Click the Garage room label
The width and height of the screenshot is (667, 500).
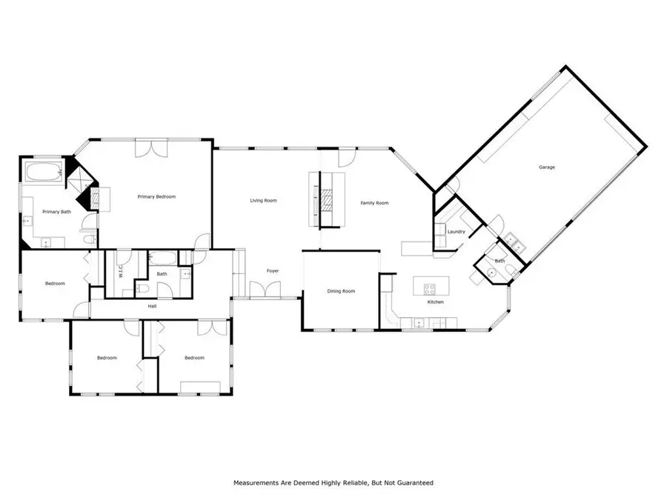[x=547, y=167]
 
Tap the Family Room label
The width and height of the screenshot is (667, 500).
[x=374, y=203]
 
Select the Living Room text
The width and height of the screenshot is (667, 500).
[x=263, y=201]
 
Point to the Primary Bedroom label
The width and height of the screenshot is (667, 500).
[x=156, y=197]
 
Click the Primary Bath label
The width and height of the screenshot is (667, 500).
[x=56, y=212]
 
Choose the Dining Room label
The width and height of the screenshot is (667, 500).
[x=341, y=291]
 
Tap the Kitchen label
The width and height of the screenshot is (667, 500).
[x=435, y=302]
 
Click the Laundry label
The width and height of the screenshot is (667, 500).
[x=456, y=232]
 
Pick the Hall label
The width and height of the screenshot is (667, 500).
[x=152, y=305]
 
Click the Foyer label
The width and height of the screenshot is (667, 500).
[x=273, y=272]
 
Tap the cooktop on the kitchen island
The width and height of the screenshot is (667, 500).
[x=429, y=287]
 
